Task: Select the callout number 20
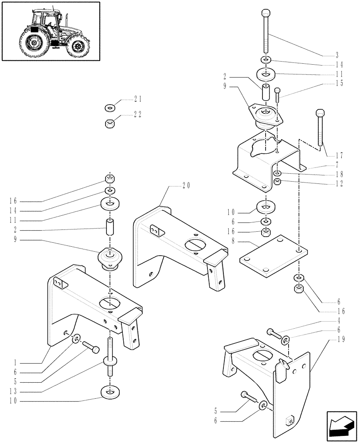(x=186, y=186)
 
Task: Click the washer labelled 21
(x=109, y=108)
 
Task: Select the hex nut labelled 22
(x=110, y=122)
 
